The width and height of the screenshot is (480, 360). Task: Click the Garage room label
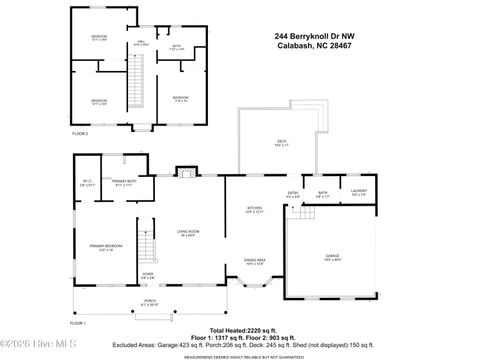point(333,257)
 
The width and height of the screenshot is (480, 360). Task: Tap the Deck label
point(281,143)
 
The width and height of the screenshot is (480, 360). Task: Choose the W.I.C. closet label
point(87,183)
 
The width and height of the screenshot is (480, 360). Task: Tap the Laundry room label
point(357,193)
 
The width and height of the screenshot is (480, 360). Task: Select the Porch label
point(147,303)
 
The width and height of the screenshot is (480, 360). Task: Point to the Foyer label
point(147,276)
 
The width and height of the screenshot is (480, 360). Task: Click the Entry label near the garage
point(293,194)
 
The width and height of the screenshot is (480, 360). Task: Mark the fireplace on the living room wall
point(184,173)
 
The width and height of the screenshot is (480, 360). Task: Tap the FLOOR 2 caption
point(79,132)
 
